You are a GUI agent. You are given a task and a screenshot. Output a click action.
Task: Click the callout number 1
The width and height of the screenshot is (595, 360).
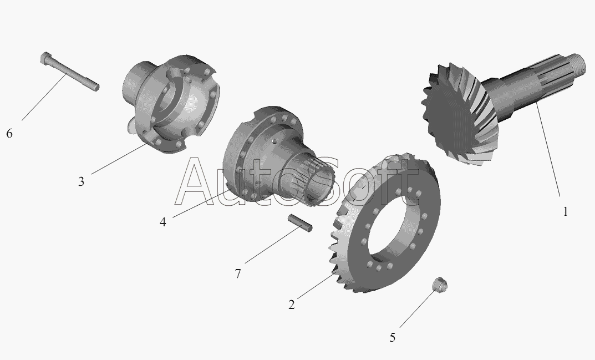566,211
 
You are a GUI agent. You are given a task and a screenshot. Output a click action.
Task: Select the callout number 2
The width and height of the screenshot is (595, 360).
292,305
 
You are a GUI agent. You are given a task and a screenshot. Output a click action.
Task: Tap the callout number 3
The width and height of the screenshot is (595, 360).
81,181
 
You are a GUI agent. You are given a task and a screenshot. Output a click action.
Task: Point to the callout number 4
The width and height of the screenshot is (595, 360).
163,222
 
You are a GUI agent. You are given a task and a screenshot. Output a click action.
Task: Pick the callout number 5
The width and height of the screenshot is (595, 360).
393,337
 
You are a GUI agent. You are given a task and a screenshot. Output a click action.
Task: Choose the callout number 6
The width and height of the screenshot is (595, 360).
9,133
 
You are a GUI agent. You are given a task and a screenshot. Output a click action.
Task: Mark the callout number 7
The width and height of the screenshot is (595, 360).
238,273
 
